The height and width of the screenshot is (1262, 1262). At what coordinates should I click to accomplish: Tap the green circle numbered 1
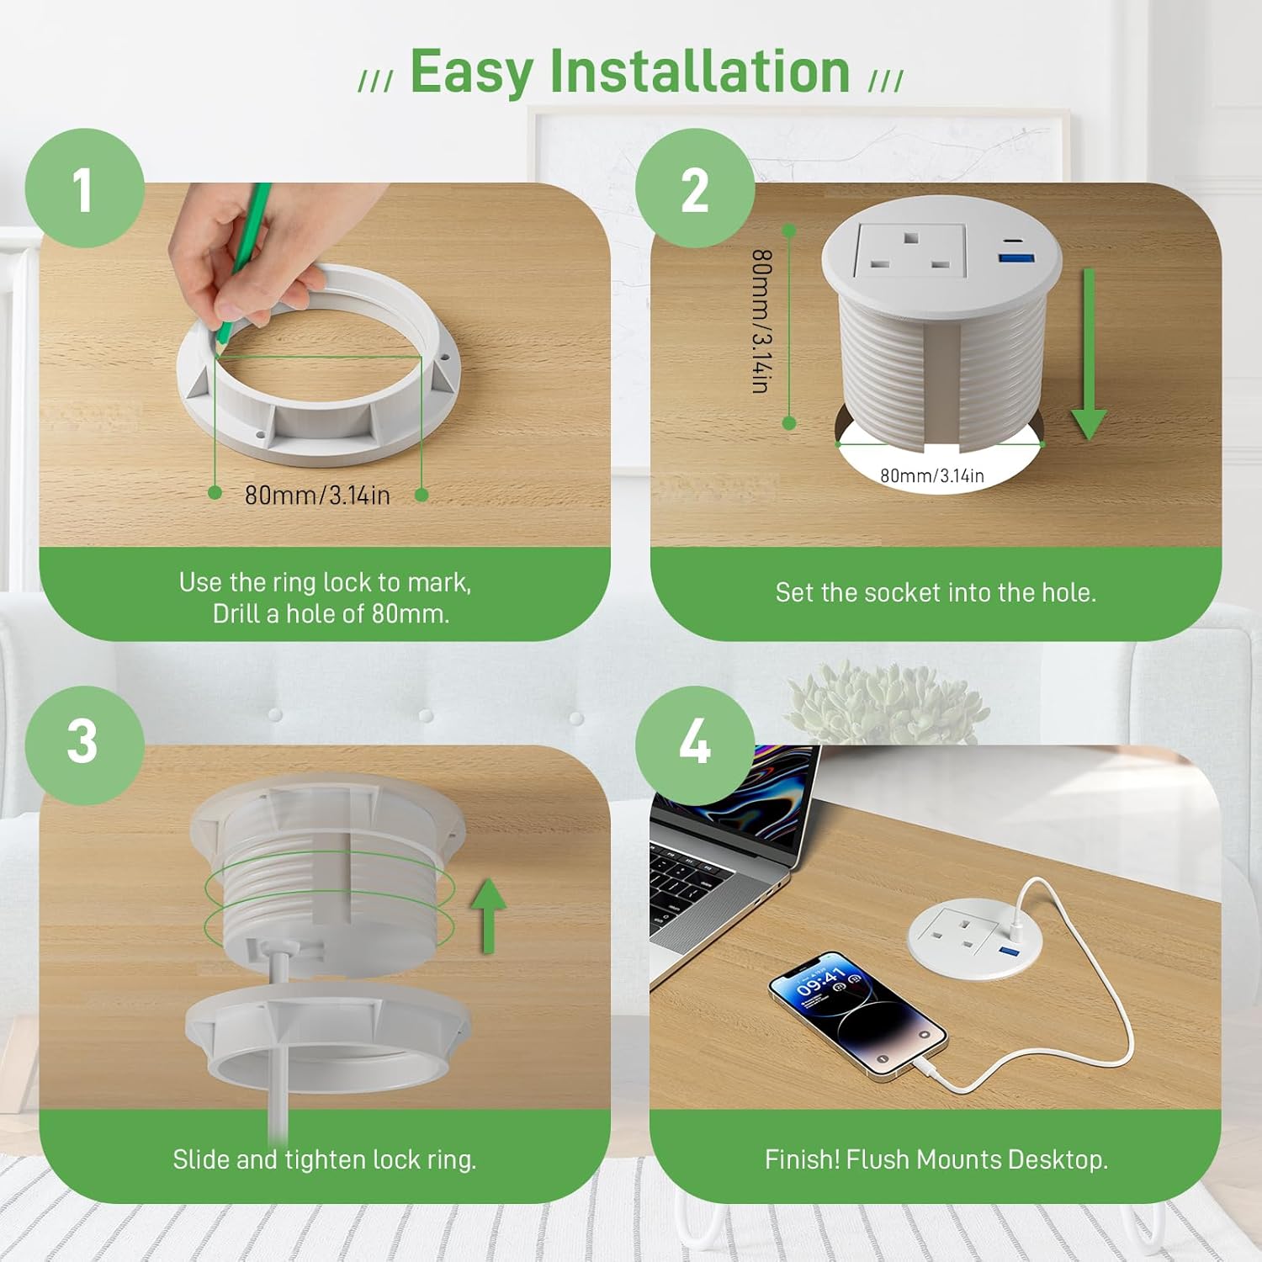click(x=84, y=188)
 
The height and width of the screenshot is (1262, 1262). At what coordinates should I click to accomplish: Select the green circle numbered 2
click(x=695, y=188)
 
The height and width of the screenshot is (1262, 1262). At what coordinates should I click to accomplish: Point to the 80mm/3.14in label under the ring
click(x=317, y=496)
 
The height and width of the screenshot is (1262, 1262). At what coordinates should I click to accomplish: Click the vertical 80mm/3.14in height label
click(x=761, y=321)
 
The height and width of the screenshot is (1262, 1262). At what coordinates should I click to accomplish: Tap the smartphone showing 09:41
click(x=856, y=1013)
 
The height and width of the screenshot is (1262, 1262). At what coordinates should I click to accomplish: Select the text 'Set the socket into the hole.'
click(x=936, y=593)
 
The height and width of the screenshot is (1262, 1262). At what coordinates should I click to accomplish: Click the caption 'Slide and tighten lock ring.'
click(x=324, y=1160)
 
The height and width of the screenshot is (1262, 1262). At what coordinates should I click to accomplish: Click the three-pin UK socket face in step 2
click(x=909, y=252)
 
